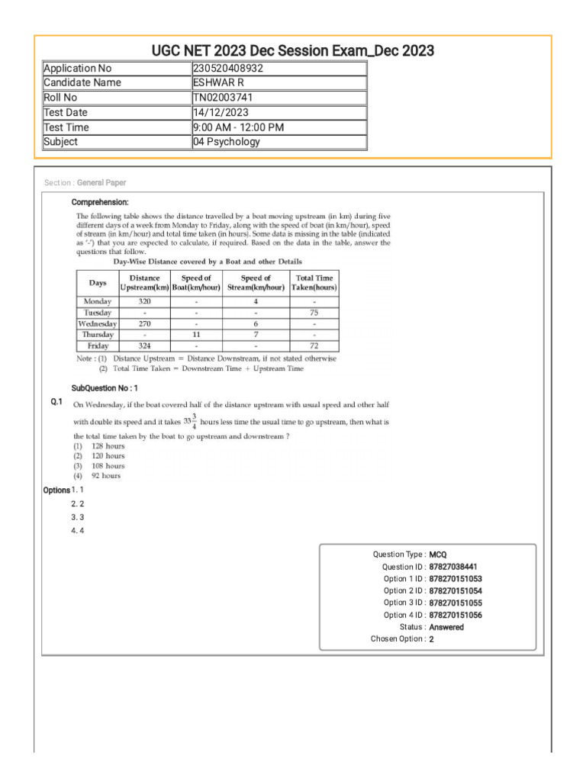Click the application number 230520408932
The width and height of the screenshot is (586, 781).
point(229,68)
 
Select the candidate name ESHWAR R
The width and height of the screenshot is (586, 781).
point(218,82)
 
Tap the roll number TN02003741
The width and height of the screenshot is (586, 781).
point(222,98)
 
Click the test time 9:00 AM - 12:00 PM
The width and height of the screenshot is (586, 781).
point(238,127)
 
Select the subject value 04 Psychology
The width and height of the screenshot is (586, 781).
point(227,142)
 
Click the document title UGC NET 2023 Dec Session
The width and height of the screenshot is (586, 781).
point(293,50)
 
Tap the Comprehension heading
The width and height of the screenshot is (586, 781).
point(100,202)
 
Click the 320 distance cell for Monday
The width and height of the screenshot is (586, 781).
point(144,301)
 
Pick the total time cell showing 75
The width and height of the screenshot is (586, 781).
point(314,313)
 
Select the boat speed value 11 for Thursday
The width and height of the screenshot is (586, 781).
point(196,335)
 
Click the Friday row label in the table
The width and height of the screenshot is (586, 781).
point(98,346)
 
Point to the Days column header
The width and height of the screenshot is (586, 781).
point(98,283)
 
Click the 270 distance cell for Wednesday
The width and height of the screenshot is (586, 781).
point(144,323)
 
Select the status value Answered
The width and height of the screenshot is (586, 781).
point(446,627)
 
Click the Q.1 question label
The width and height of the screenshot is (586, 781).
point(56,402)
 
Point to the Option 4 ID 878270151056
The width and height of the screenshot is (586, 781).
point(456,615)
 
